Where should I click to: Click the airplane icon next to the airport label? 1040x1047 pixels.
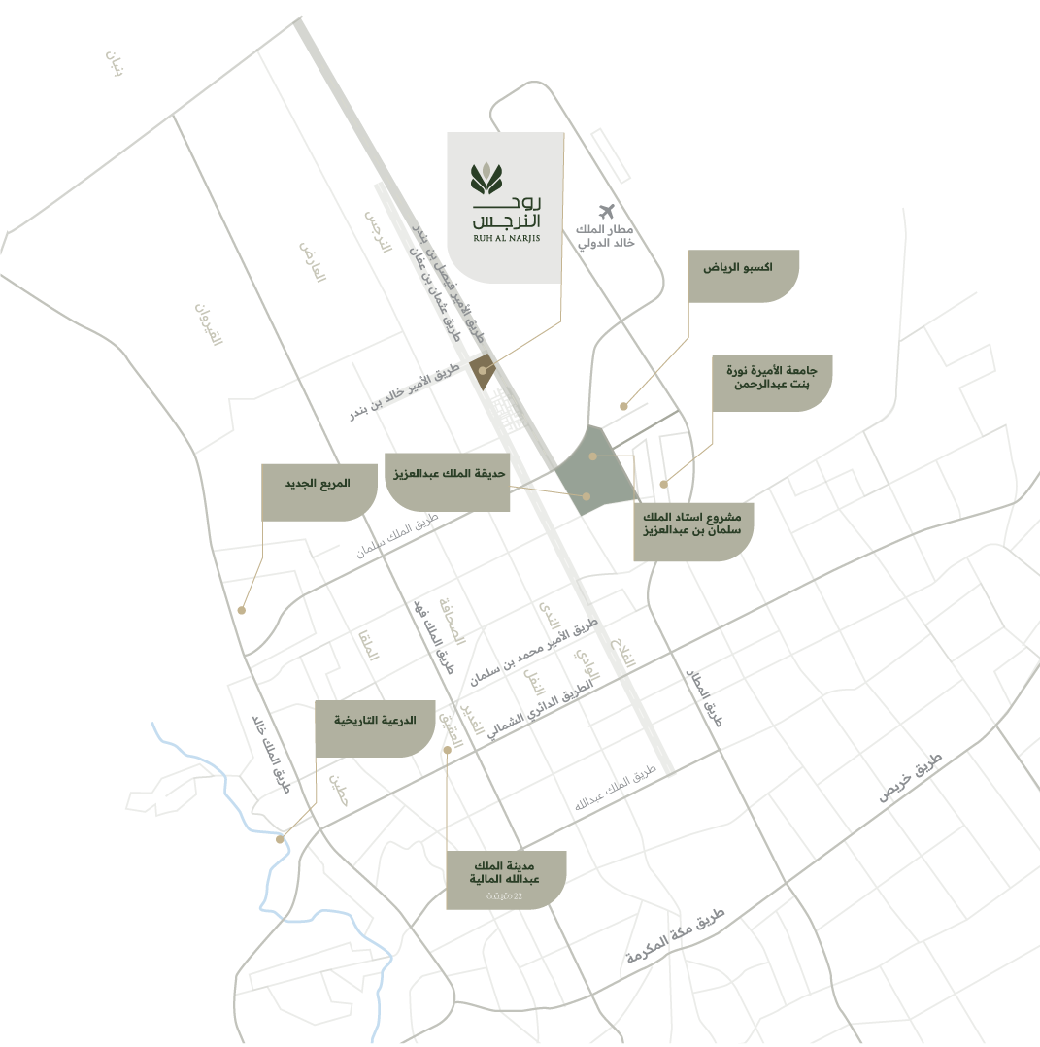[x=608, y=211]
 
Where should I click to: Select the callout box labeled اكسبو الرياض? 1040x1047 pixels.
[x=744, y=275]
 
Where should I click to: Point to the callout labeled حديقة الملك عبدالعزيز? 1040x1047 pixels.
[x=448, y=481]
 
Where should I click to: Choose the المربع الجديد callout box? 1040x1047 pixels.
[x=319, y=490]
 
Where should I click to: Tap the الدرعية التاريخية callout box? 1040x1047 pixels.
[x=375, y=727]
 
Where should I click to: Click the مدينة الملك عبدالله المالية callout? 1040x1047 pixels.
[x=505, y=880]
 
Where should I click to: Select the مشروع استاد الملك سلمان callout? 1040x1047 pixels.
[x=692, y=530]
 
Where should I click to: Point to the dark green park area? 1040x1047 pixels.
[x=594, y=470]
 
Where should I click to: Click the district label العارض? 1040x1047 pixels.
[x=312, y=259]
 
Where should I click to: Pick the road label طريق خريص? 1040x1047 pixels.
[x=910, y=776]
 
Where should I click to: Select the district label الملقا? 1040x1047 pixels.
[x=367, y=646]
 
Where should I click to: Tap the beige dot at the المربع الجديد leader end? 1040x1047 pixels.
[x=241, y=610]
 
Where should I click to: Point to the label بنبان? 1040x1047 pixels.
[x=115, y=65]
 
